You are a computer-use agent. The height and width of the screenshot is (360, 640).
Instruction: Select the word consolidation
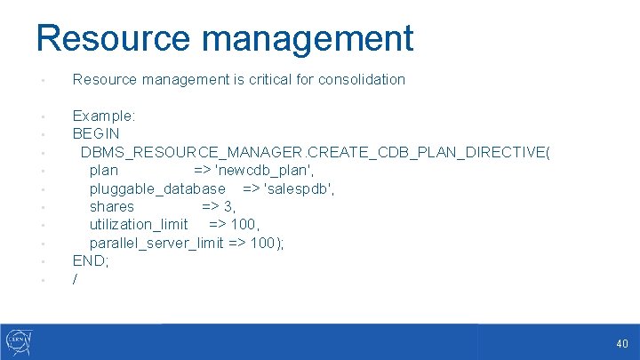coord(363,80)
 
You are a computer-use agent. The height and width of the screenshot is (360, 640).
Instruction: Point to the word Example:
coord(104,116)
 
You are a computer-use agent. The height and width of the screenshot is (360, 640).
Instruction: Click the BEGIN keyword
coord(96,134)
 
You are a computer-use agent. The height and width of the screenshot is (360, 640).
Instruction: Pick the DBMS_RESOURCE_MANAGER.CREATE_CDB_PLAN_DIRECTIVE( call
coord(316,152)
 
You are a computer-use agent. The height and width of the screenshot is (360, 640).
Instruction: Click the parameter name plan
coord(104,171)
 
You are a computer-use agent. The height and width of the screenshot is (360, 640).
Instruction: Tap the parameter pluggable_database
coord(157,188)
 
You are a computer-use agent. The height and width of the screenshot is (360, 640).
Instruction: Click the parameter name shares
coord(112,207)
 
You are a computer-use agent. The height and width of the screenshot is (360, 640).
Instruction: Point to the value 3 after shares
coord(229,207)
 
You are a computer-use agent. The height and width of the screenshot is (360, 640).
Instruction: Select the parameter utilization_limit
coord(139,225)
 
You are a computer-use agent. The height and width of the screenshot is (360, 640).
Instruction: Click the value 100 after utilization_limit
coord(244,225)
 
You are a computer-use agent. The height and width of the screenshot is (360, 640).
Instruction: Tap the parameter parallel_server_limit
coord(156,244)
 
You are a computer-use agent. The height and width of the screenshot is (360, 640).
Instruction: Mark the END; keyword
coord(90,261)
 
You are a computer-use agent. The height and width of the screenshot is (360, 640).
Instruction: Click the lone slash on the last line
coord(76,280)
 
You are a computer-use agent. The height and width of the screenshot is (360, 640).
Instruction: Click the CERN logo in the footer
coord(20,341)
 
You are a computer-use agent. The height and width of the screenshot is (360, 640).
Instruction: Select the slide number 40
coord(621,344)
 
